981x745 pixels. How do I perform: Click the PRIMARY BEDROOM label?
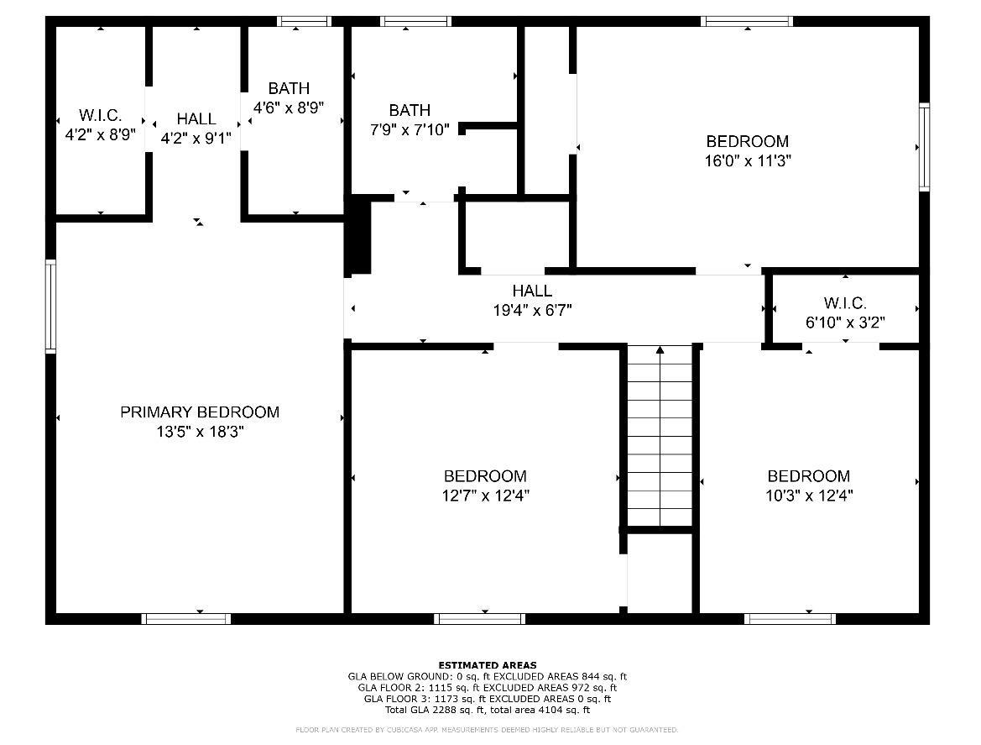tap(200, 412)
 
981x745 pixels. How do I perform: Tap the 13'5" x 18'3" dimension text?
tap(200, 432)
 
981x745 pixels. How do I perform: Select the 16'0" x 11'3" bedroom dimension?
tap(748, 161)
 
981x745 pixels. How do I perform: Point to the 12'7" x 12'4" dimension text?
tap(486, 496)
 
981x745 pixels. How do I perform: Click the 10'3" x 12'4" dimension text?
tap(809, 496)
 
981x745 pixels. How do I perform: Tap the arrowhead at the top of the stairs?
tap(660, 349)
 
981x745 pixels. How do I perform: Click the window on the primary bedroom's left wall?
tap(50, 306)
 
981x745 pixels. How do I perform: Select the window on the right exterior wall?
tap(924, 147)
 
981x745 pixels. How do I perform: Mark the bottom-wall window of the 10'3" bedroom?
tap(790, 619)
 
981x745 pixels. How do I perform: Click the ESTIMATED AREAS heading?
tap(488, 665)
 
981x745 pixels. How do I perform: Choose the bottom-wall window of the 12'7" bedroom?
tap(480, 619)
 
